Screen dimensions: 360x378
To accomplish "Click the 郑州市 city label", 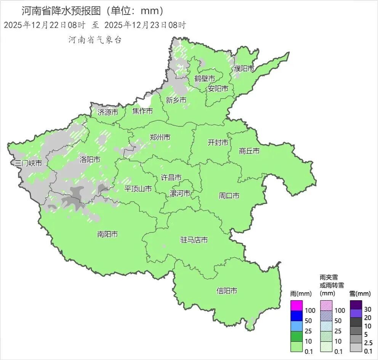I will tap(160, 137).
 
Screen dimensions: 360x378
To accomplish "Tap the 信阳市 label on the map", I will tap(227, 291).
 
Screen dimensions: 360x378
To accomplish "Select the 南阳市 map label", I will tap(107, 234).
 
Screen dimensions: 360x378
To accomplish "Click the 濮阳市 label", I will tap(244, 68).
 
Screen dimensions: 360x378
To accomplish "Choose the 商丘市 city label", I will tap(249, 151).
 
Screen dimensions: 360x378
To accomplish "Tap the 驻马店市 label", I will tap(194, 240).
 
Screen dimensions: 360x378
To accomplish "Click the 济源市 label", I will tap(108, 112).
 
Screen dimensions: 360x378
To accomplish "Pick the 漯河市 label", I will tap(180, 193).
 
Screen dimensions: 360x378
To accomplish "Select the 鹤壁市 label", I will tap(205, 78).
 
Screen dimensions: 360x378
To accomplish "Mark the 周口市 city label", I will tap(229, 196).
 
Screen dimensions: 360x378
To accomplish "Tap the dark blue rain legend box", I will tap(296, 316).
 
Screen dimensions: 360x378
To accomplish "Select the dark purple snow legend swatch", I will tap(356, 305).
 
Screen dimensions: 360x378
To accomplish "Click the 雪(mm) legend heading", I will tap(360, 294).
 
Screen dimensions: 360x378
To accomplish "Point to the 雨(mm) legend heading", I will tap(301, 294).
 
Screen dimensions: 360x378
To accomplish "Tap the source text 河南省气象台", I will tap(95, 40).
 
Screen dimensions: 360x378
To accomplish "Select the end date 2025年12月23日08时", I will tap(145, 25).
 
